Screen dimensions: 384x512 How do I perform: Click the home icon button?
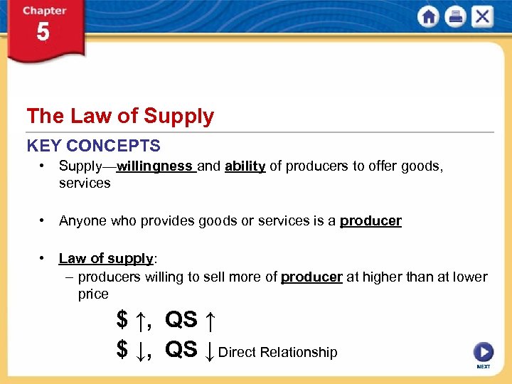tap(429, 17)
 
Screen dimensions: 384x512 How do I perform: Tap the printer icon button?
tap(455, 17)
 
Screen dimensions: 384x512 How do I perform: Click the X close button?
tap(481, 17)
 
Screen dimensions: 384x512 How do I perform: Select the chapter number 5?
tap(43, 33)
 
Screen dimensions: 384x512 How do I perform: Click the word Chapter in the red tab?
tap(43, 11)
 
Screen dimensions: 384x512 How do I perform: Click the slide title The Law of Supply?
tap(120, 116)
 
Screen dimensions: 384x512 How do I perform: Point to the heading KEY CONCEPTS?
tap(94, 146)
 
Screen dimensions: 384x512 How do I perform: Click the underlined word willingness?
tap(155, 166)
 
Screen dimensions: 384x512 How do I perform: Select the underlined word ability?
tap(245, 166)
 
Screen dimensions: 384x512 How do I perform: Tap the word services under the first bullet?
tap(85, 183)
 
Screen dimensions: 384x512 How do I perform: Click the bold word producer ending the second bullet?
tap(370, 220)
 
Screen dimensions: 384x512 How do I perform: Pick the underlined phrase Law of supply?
tap(106, 258)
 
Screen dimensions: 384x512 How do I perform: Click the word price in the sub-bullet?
tap(93, 294)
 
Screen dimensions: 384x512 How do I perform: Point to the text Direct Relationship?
tap(277, 352)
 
